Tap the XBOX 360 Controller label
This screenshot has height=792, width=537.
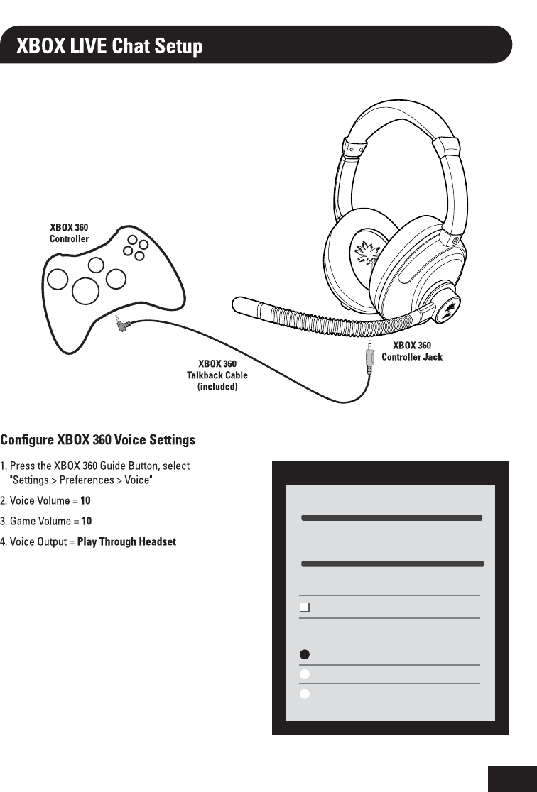point(69,233)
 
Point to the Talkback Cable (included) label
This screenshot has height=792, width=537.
point(217,375)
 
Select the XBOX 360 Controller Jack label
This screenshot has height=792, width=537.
point(412,351)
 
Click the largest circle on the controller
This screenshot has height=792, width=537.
point(85,290)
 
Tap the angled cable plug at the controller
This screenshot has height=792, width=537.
point(121,326)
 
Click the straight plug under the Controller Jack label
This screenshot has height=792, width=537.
point(369,358)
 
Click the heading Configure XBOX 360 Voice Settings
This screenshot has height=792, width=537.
point(98,441)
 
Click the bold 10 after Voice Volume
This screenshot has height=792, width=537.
point(86,500)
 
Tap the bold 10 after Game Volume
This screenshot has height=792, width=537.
point(87,521)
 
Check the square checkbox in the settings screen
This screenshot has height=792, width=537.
point(305,607)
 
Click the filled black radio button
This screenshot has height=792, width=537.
point(304,654)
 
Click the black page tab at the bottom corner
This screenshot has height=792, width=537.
point(512,779)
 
